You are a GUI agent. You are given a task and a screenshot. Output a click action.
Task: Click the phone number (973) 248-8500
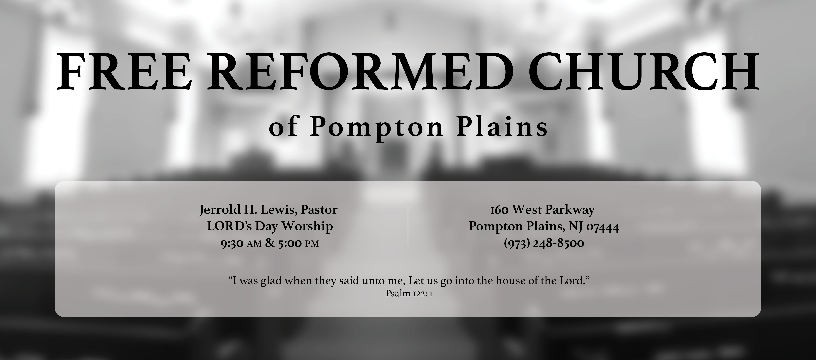[x=544, y=243]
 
